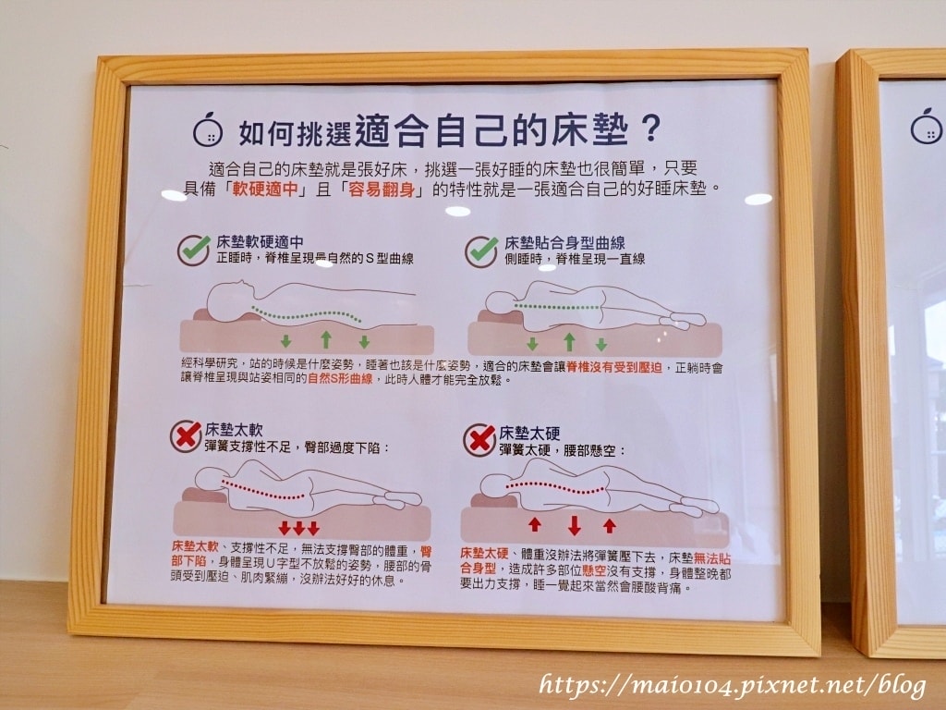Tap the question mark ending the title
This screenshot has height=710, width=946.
point(649,128)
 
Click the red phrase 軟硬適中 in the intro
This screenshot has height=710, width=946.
point(265,190)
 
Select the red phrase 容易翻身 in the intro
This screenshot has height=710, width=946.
point(382,190)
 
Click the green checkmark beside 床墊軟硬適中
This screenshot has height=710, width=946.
point(193,250)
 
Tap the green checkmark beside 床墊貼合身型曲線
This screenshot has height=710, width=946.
point(480,251)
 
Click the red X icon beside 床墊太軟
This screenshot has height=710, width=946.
point(186,436)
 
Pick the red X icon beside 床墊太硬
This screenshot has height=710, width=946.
point(479,439)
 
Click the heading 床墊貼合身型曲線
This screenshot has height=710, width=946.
point(564,243)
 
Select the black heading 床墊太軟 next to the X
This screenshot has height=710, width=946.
point(234,429)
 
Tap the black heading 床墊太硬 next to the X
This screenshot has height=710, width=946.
point(529,433)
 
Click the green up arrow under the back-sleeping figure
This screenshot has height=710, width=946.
point(326,339)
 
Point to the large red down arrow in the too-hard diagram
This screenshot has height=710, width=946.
point(575,525)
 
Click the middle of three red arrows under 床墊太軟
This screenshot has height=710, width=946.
point(299,529)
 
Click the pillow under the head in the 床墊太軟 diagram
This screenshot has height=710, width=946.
point(204,496)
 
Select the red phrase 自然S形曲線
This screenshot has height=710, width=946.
point(340,380)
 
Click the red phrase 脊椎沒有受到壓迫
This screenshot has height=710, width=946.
point(614,366)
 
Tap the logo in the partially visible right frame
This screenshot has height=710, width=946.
point(926,127)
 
